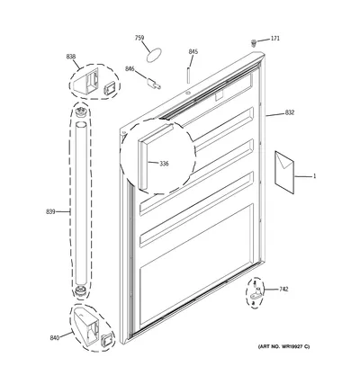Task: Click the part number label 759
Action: click(139, 38)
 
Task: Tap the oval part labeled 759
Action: click(154, 55)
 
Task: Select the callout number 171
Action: click(275, 39)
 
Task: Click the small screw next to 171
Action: click(254, 43)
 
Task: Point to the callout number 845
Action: click(193, 52)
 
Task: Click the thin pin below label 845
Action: click(188, 76)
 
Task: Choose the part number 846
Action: click(130, 69)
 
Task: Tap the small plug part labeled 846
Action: click(154, 84)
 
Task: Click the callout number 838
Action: click(71, 57)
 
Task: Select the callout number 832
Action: click(290, 112)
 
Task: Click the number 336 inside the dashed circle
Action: click(164, 164)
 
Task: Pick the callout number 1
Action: click(314, 176)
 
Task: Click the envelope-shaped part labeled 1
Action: click(284, 172)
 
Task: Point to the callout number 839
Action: click(50, 212)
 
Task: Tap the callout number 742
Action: click(283, 290)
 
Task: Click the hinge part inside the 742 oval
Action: click(256, 294)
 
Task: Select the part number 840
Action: click(55, 338)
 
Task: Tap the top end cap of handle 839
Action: click(80, 112)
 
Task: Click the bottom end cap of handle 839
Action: click(80, 291)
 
